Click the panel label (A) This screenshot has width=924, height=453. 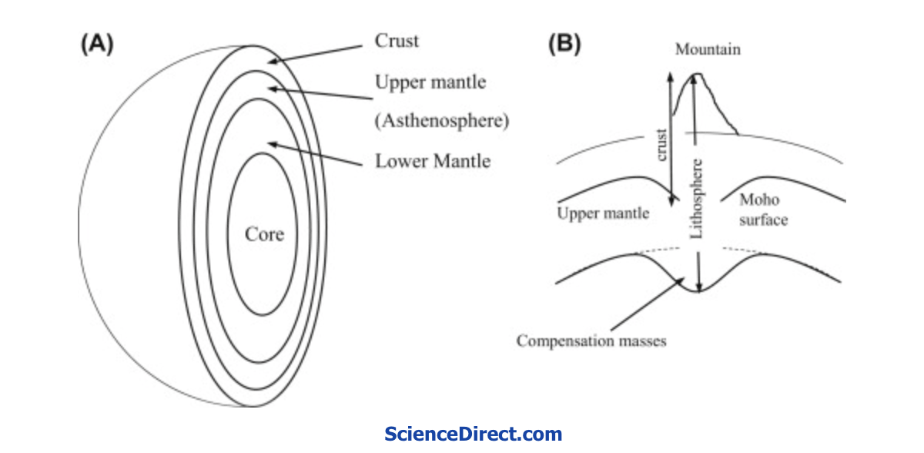97,44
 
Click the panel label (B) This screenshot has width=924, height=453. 564,44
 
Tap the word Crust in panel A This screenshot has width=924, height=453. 397,41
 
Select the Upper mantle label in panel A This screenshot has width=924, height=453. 430,82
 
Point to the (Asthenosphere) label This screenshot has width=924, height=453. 442,121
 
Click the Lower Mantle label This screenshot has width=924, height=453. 433,161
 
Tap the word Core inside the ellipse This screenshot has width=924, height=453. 264,234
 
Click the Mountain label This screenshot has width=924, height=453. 708,49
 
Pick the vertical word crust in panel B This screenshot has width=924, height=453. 661,145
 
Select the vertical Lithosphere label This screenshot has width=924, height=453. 696,199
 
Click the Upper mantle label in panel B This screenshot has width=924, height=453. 603,213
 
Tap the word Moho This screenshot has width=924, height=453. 759,200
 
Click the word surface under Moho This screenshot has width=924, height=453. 764,220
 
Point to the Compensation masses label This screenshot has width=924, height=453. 591,341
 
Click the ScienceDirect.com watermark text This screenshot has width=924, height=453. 473,434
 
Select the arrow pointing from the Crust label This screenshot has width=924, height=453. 315,55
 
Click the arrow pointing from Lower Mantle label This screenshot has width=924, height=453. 315,154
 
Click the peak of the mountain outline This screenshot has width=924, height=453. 698,74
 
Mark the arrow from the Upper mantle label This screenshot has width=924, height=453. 320,93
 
